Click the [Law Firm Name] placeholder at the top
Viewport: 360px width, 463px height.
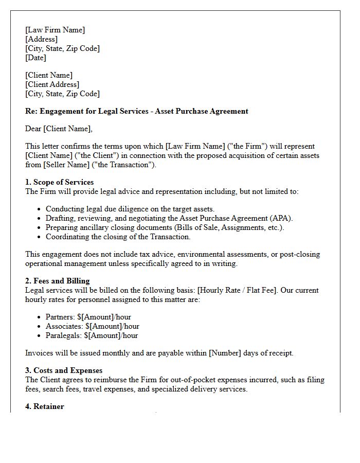(x=55, y=30)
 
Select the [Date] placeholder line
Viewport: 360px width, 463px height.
(x=35, y=58)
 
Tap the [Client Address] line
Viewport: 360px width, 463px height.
(x=52, y=84)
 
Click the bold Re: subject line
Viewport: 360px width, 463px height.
(x=136, y=111)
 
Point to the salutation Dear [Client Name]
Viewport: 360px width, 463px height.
(x=59, y=129)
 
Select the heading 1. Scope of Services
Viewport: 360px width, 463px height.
(x=59, y=182)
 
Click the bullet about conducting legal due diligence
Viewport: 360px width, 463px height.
(x=130, y=209)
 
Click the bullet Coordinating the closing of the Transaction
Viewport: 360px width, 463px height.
(x=118, y=237)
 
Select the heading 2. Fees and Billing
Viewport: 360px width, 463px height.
(x=57, y=281)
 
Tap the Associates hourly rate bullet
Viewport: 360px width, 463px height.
(x=92, y=326)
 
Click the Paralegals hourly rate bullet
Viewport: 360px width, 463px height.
(x=92, y=335)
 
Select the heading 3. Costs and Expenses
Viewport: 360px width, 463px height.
(x=64, y=370)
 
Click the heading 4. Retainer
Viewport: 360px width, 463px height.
(x=44, y=406)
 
